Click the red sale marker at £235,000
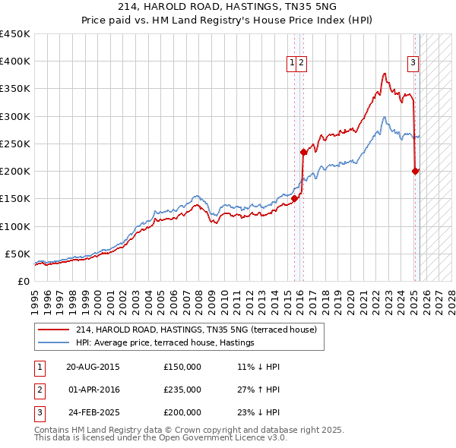tap(303, 152)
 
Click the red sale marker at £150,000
tap(295, 199)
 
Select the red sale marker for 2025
tap(416, 171)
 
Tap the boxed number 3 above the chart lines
tap(413, 63)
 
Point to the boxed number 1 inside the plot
tap(292, 63)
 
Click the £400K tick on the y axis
tap(14, 62)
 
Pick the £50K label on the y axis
tap(17, 254)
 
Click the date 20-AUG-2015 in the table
tap(93, 367)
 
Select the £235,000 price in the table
tap(182, 390)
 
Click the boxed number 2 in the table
tap(39, 390)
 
